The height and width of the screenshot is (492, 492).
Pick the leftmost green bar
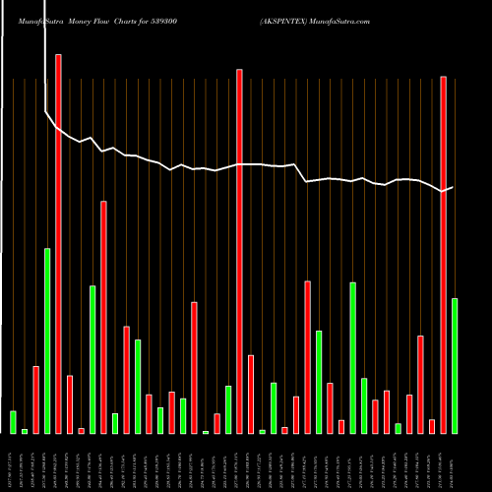(x=13, y=422)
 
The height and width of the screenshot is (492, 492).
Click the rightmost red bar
(x=444, y=255)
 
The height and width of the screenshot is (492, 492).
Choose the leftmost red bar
(x=35, y=400)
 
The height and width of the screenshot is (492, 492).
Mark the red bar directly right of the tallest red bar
(x=70, y=404)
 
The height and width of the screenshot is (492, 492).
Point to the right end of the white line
(x=453, y=187)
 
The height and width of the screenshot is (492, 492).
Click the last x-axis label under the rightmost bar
(x=455, y=462)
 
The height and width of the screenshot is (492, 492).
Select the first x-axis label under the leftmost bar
(x=13, y=462)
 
